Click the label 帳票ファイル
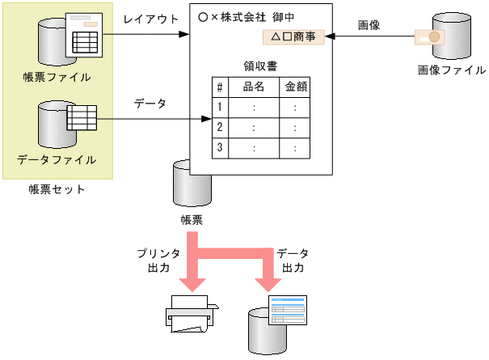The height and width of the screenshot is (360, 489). tap(57, 77)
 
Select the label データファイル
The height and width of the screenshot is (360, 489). tap(57, 159)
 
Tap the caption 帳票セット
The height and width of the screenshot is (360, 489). tap(57, 189)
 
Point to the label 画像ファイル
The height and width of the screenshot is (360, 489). tap(452, 70)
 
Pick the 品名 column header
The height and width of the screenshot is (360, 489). tap(254, 86)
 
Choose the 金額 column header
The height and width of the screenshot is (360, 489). tap(295, 86)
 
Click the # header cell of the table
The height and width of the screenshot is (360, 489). tap(219, 86)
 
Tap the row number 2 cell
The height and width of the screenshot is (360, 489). tap(219, 127)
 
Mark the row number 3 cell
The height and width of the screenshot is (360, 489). tap(219, 148)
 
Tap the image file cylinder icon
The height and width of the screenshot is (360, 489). tap(451, 35)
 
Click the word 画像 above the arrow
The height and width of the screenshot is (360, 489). tap(369, 24)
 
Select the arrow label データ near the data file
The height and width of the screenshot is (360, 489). tap(150, 104)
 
